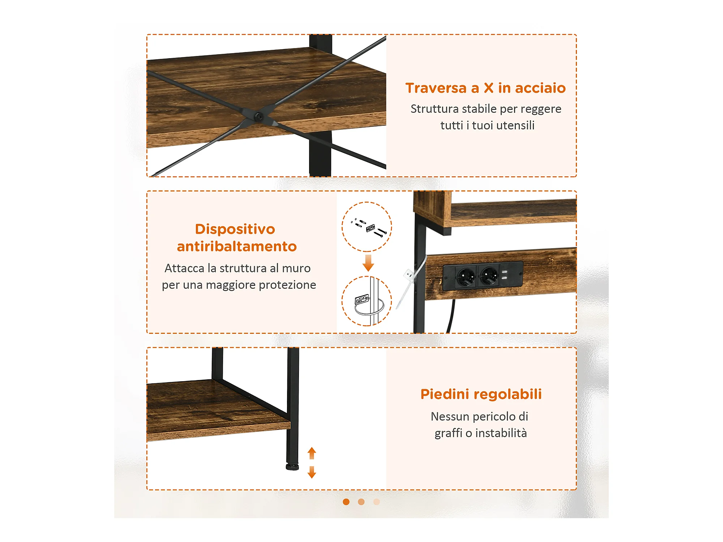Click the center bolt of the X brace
[258, 117]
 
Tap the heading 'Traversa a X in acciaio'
[485, 88]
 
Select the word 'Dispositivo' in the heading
[235, 229]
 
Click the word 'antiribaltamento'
[237, 246]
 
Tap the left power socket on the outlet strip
[466, 277]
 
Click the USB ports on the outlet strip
[505, 275]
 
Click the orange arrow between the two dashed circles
[368, 263]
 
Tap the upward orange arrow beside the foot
[312, 453]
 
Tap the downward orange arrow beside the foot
[312, 472]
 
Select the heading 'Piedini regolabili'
[481, 394]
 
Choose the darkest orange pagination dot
[346, 502]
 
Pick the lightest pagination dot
[377, 502]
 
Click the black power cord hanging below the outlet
[451, 316]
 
